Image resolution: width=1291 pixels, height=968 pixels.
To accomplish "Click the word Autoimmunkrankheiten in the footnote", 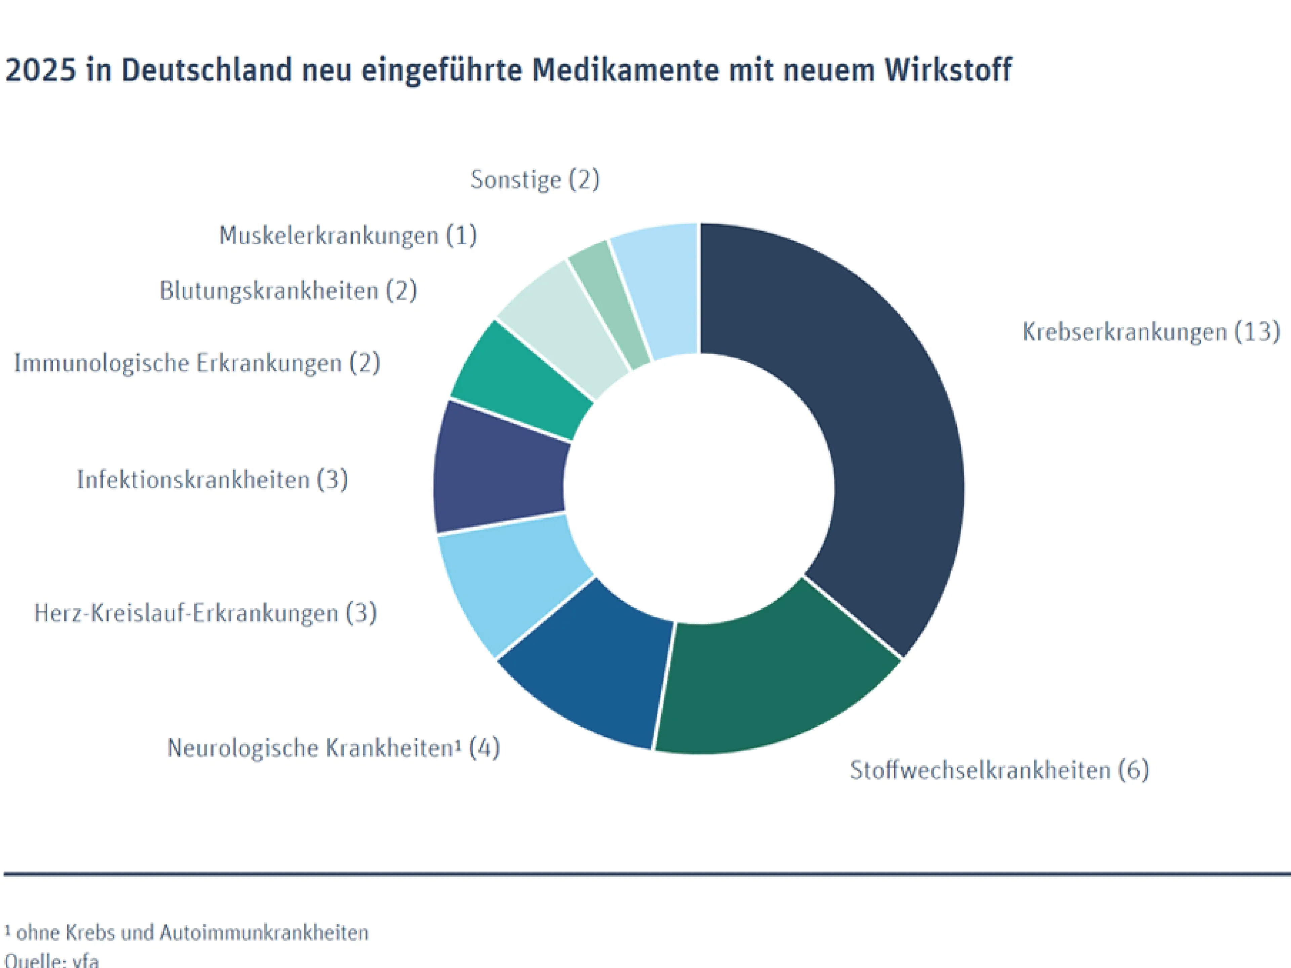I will point(264,932).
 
